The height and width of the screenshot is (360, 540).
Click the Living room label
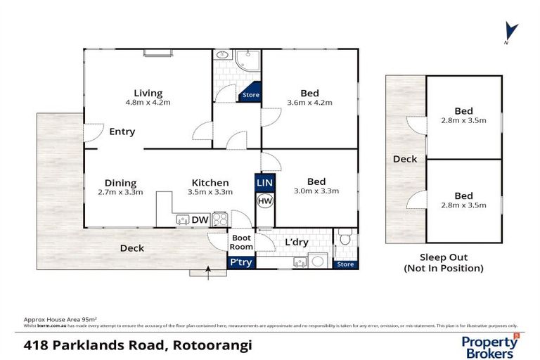(x=148, y=93)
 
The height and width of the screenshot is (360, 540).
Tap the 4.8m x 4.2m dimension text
(x=148, y=103)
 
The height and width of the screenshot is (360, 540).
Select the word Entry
(x=122, y=131)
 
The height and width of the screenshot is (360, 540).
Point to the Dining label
(x=120, y=183)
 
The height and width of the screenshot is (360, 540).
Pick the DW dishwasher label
(x=200, y=220)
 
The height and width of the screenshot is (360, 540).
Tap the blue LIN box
(x=264, y=183)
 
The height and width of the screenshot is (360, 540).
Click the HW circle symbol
(x=264, y=201)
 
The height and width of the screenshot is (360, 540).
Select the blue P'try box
(x=241, y=262)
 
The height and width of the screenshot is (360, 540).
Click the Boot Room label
(x=241, y=243)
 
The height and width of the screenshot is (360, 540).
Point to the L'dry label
(x=296, y=243)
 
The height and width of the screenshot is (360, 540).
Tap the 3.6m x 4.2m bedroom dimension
(x=309, y=103)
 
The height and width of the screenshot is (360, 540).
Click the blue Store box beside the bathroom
(x=250, y=95)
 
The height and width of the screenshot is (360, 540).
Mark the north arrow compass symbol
(x=512, y=32)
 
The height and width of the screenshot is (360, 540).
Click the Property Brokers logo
(x=490, y=345)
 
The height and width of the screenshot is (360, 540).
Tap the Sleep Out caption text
(x=444, y=257)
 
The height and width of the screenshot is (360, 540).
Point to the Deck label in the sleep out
(x=405, y=159)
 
